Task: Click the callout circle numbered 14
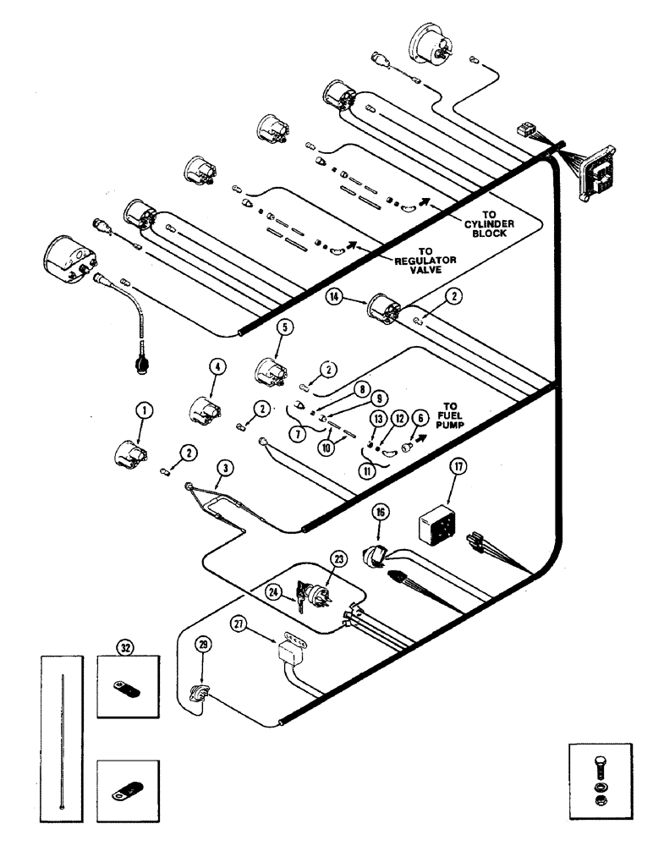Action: click(x=336, y=297)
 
